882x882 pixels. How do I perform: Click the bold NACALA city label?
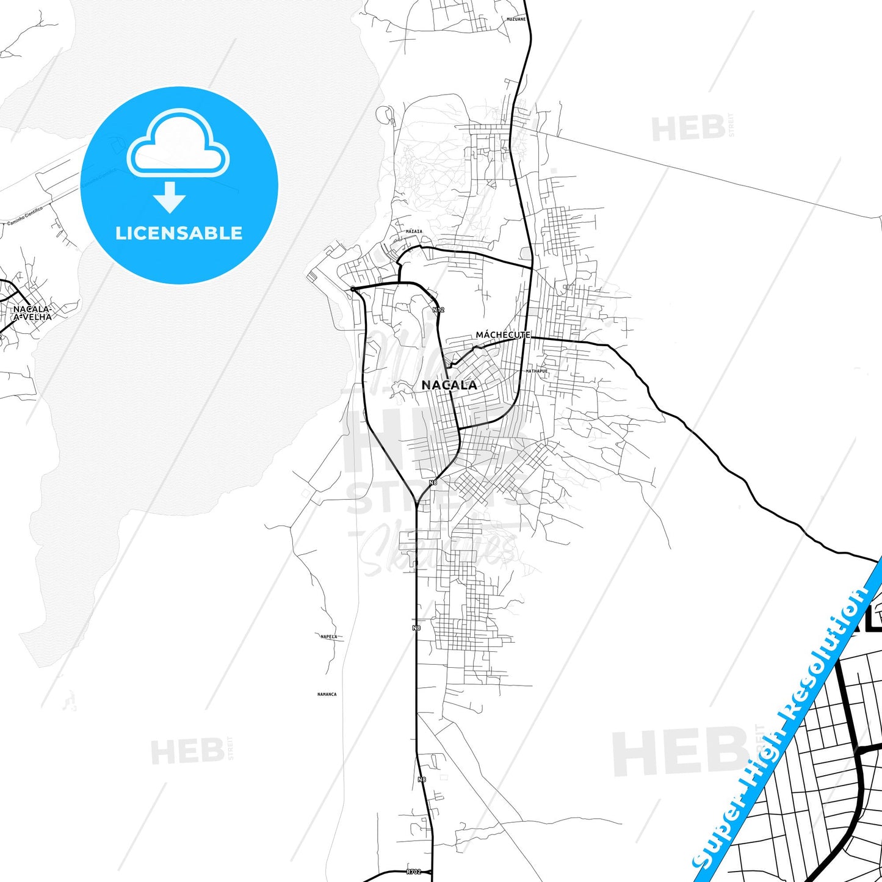pos(449,385)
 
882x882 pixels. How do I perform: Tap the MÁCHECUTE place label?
pos(502,335)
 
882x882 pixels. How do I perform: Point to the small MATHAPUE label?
pos(537,371)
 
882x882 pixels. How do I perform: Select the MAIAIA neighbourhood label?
pos(414,232)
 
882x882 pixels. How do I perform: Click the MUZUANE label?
pos(516,20)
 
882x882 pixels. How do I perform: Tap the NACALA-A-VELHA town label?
pos(32,313)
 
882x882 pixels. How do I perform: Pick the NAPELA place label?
pos(328,637)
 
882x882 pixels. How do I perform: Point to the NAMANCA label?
pos(327,694)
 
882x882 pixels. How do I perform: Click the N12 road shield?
pos(438,310)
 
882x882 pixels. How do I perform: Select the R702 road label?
pos(414,872)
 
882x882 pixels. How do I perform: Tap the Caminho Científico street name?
pos(24,215)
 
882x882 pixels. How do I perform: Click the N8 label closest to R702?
pos(422,779)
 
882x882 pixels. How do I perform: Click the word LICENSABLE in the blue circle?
pos(179,233)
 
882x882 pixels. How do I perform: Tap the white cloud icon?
pos(178,143)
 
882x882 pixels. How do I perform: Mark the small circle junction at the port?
pos(353,289)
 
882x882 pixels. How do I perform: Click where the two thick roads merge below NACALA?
pos(416,504)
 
